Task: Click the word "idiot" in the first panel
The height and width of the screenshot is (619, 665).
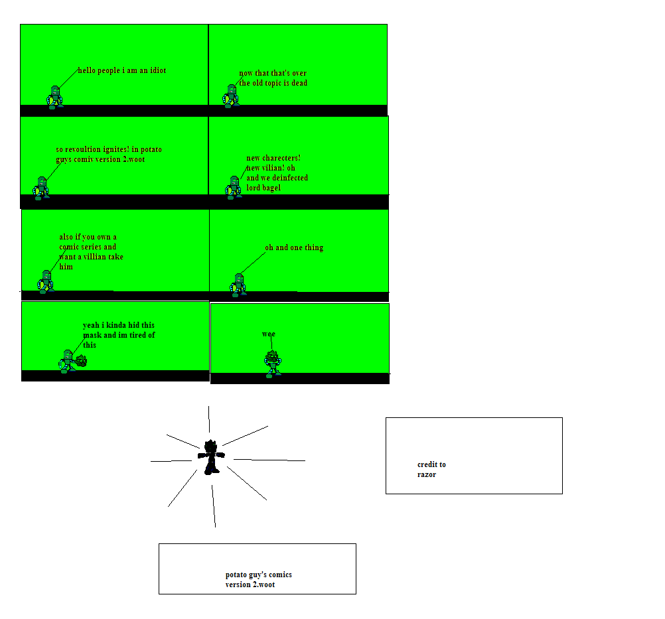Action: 158,70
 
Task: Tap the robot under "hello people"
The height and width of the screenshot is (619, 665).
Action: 54,98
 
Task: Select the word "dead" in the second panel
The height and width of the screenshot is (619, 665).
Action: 299,83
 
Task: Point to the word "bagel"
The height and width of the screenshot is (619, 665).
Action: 271,188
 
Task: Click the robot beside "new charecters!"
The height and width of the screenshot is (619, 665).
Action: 233,187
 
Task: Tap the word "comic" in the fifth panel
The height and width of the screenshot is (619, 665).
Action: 69,247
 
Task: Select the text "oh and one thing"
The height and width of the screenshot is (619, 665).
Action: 294,247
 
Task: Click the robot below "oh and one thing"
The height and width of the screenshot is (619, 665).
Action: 238,285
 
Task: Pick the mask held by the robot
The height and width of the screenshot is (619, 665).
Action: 82,361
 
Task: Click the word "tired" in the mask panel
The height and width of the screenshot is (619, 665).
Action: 138,335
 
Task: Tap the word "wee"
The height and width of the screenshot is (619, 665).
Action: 269,334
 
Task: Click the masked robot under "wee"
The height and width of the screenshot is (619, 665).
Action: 273,364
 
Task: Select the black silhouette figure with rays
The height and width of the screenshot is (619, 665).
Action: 211,457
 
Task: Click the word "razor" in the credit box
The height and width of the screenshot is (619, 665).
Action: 427,474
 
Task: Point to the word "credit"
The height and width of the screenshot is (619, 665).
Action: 427,464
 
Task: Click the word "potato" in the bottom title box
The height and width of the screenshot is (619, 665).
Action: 236,575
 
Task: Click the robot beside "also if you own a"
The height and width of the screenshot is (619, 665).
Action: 46,281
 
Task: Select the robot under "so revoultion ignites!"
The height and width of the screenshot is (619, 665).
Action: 41,188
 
